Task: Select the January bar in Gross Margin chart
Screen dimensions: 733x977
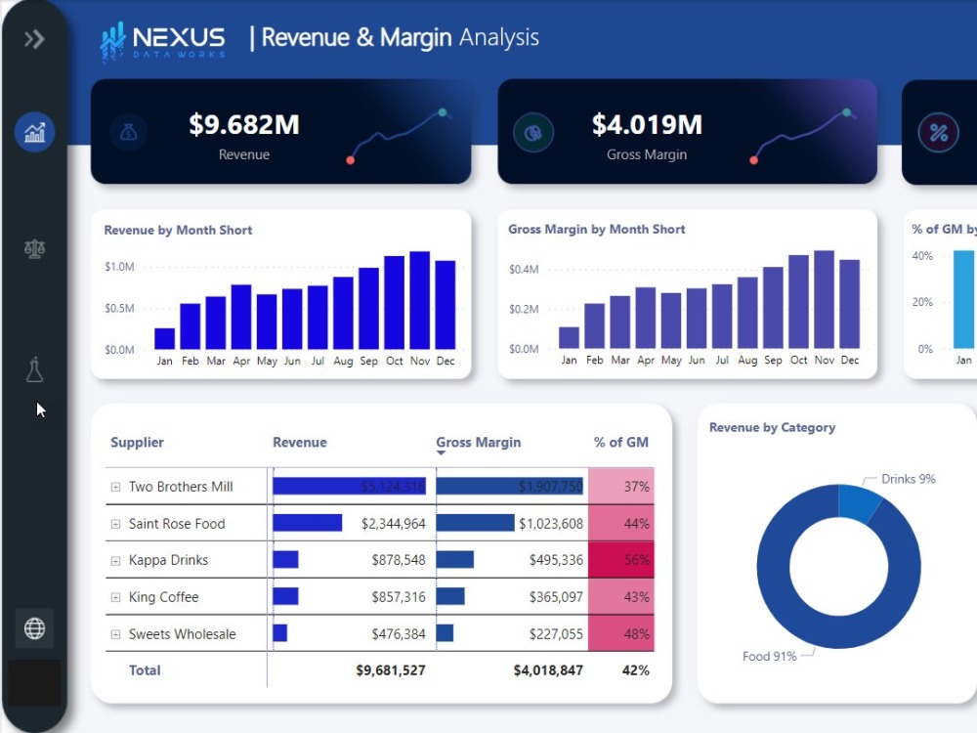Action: (x=569, y=337)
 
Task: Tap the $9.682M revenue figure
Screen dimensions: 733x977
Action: (x=244, y=125)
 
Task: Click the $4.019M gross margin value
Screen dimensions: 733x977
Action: (x=647, y=125)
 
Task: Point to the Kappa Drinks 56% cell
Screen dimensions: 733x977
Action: (x=621, y=560)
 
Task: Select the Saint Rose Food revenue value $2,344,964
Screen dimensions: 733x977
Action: (x=393, y=524)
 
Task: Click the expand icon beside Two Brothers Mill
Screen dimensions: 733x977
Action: (x=115, y=487)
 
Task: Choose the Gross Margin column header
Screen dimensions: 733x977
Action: (x=478, y=443)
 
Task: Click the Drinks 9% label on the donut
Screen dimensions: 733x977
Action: (x=909, y=479)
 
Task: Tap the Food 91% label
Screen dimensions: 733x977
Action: (x=770, y=656)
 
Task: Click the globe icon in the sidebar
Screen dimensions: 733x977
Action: (x=34, y=628)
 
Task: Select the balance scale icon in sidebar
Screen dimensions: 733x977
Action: (x=34, y=249)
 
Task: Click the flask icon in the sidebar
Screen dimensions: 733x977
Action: (x=34, y=370)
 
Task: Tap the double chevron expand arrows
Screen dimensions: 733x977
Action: (x=34, y=39)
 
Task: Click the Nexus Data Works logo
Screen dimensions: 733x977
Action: (x=163, y=41)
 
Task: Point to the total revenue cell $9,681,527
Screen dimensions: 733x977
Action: (x=391, y=670)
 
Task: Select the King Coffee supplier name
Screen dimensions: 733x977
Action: (x=163, y=597)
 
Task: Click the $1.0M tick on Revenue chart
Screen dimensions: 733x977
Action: (x=119, y=267)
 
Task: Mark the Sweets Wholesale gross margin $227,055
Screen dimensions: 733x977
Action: (x=549, y=634)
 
